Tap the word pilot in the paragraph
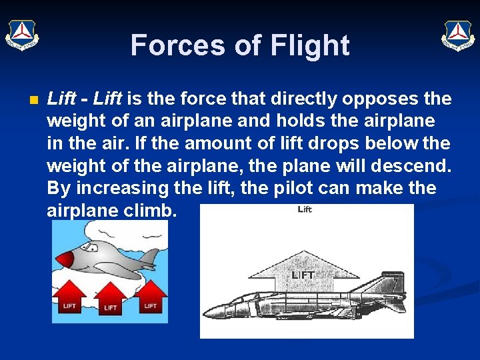[289, 188]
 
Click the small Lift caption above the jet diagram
[305, 209]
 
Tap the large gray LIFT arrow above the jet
[303, 270]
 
